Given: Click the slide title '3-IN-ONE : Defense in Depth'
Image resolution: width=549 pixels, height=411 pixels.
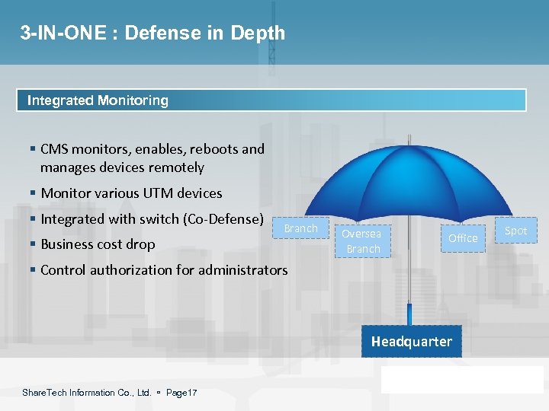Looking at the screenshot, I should click(152, 33).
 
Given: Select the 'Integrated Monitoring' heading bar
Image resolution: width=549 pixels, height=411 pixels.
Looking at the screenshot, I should click(271, 100).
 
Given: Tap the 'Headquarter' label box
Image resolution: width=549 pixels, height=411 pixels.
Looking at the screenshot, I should click(411, 342).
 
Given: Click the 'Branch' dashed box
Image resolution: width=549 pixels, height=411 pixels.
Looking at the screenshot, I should click(300, 228).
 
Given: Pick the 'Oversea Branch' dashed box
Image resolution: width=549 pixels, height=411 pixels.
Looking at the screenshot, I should click(362, 241).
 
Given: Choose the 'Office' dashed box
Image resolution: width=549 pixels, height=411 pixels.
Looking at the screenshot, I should click(462, 238).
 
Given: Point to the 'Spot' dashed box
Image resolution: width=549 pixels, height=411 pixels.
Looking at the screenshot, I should click(515, 231).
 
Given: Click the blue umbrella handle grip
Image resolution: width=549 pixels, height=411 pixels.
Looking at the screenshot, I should click(410, 314).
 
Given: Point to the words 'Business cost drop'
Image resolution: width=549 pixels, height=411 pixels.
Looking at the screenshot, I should click(98, 244).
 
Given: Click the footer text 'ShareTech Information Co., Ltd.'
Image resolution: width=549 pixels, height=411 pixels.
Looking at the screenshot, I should click(87, 393).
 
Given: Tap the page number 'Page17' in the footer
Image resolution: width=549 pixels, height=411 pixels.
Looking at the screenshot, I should click(181, 393).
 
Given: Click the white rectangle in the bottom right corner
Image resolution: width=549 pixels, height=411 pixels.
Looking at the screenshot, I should click(462, 379).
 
